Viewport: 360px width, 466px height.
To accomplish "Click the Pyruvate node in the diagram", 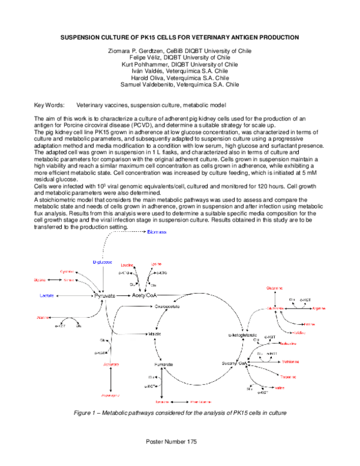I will [x=104, y=296].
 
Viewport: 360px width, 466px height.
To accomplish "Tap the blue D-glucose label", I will [x=103, y=262].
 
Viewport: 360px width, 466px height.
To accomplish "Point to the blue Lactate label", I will [x=48, y=296].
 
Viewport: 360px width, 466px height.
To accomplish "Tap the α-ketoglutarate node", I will [x=243, y=333].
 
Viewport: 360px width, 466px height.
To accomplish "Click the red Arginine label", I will [x=319, y=307].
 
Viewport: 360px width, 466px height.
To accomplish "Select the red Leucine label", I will [x=127, y=264].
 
